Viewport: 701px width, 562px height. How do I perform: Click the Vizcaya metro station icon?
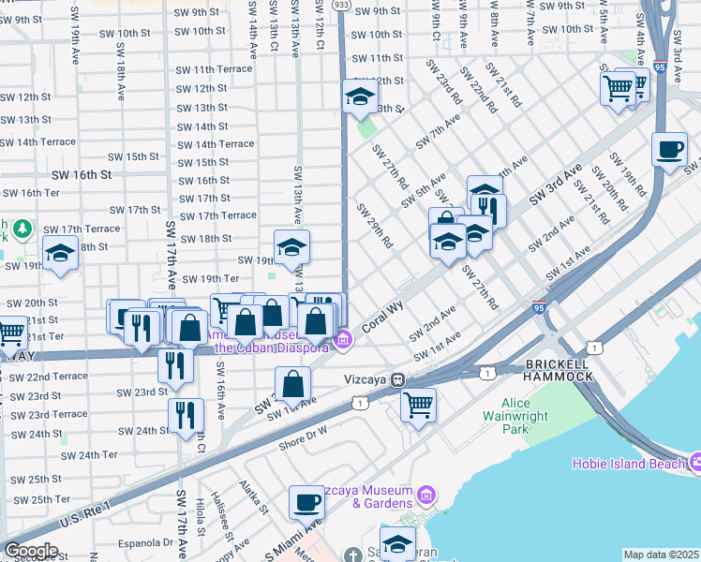click(x=398, y=380)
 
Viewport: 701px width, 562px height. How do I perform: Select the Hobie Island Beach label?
click(x=626, y=464)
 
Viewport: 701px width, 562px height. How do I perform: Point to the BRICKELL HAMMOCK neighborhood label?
click(x=559, y=369)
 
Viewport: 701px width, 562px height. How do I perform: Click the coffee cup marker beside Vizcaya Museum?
click(x=306, y=503)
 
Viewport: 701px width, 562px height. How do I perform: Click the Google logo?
click(x=31, y=550)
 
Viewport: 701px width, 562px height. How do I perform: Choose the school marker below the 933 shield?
click(x=359, y=96)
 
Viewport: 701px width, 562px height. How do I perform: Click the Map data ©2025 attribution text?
click(x=661, y=555)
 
